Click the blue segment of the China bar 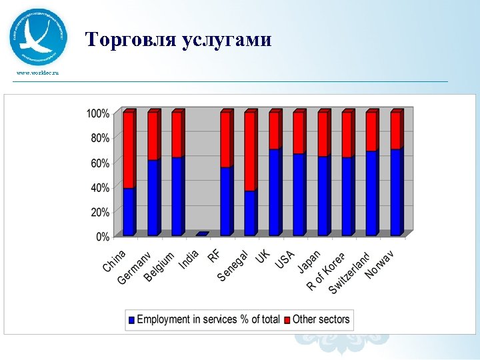[x=129, y=212]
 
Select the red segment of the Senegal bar [x=250, y=151]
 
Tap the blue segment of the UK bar [x=274, y=193]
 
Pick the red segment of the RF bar [x=226, y=139]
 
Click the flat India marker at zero [x=202, y=234]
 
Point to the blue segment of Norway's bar [x=396, y=193]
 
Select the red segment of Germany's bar [x=153, y=136]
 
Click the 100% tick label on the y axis [x=97, y=113]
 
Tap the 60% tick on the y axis [x=100, y=163]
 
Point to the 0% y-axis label [x=103, y=237]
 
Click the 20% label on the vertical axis [x=100, y=212]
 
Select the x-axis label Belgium [x=159, y=266]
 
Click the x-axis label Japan [x=309, y=261]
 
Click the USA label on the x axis [x=285, y=259]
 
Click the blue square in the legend [x=132, y=320]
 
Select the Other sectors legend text [x=321, y=319]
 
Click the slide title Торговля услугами [x=179, y=40]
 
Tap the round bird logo [x=38, y=37]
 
